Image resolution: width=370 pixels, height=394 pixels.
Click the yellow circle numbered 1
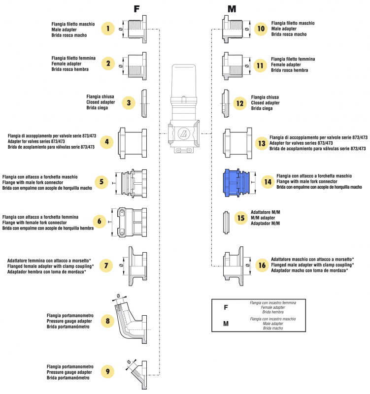[x=108, y=29]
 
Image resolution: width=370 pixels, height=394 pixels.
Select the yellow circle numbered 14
[x=267, y=182]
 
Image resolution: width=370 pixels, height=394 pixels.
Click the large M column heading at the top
[x=232, y=9]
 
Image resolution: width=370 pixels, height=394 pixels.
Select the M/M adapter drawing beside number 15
[x=226, y=217]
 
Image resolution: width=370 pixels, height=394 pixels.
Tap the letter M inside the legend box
[x=226, y=324]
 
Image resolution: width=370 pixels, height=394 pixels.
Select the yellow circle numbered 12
[x=240, y=103]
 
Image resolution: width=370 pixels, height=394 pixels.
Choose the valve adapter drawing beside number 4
[x=132, y=143]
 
